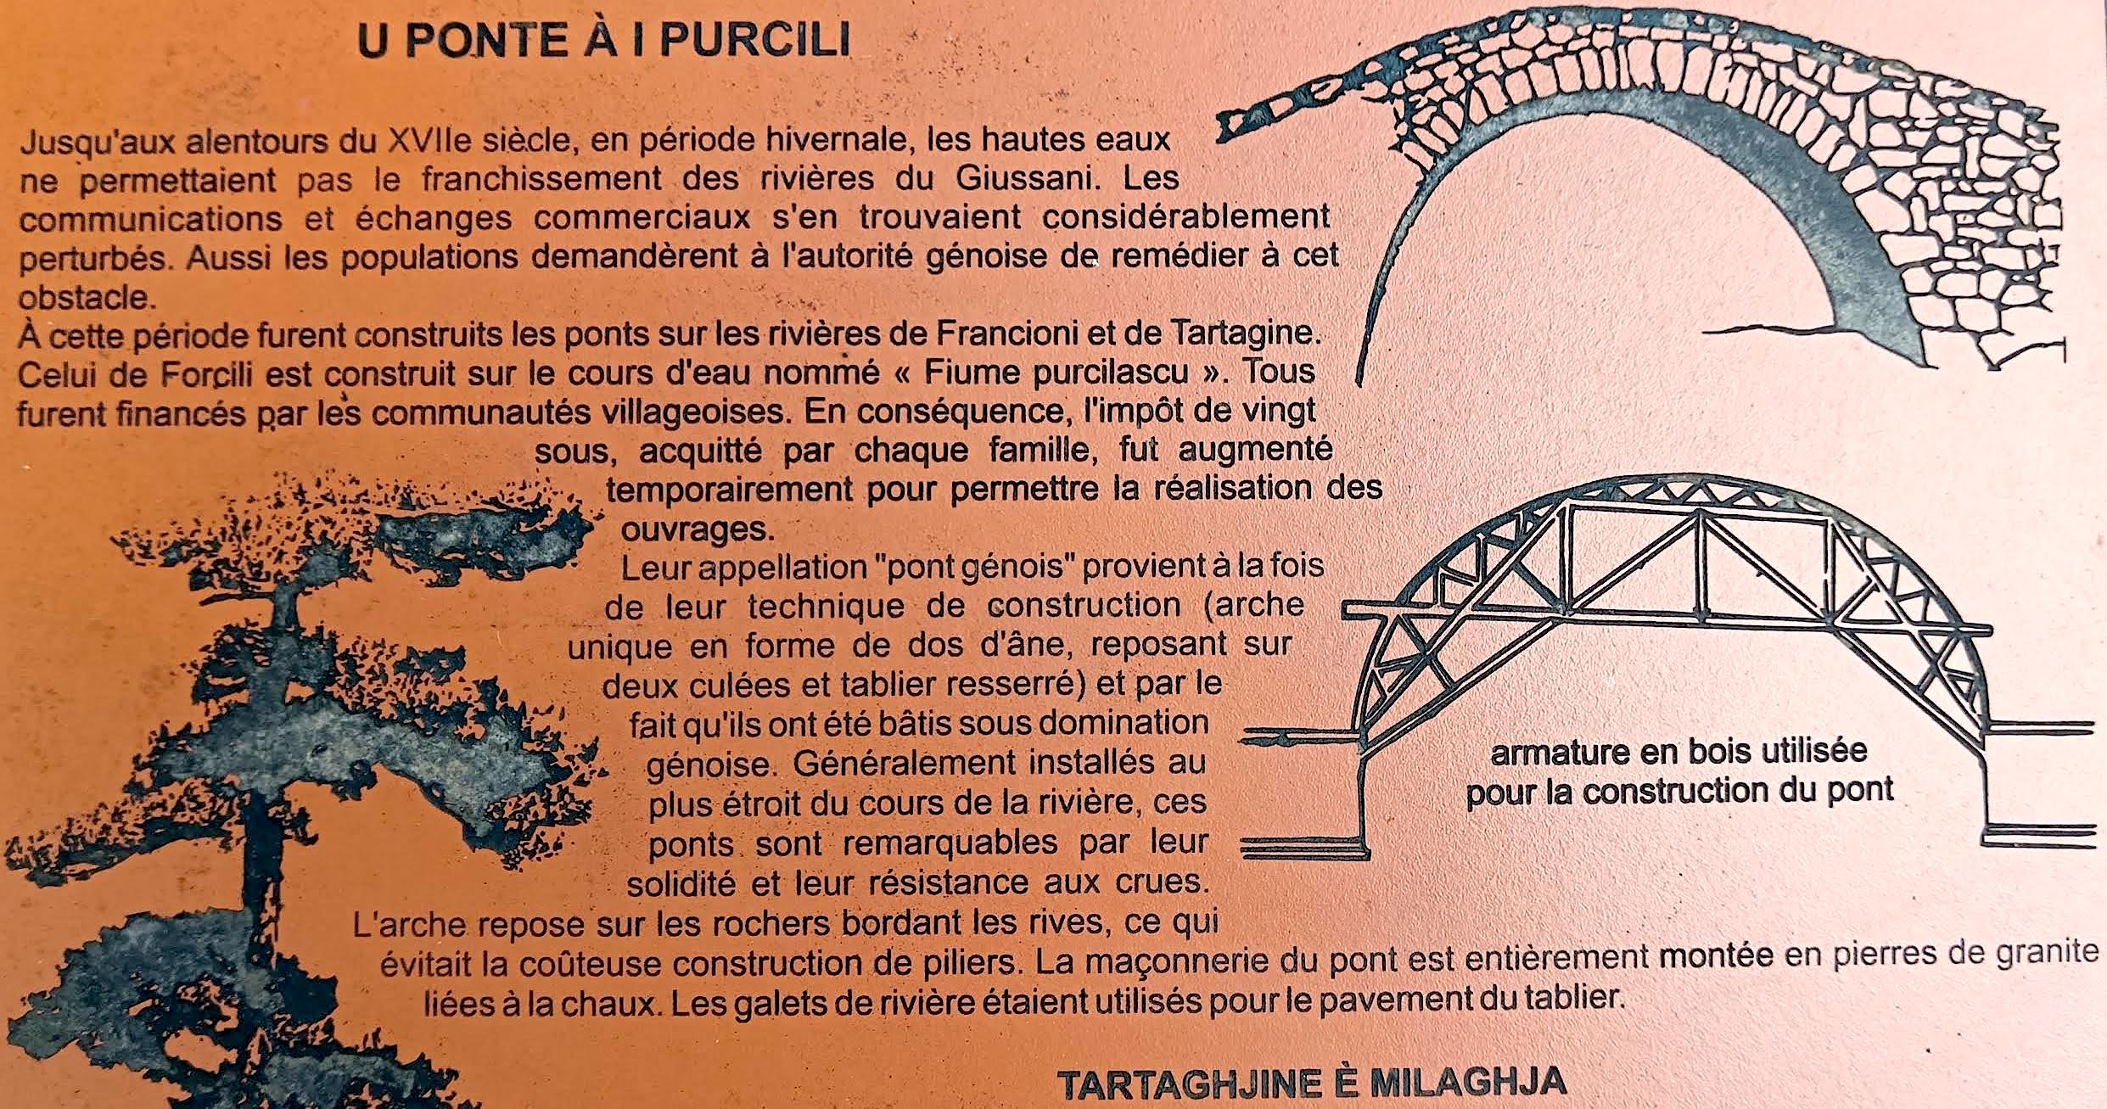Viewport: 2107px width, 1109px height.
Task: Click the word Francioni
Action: (x=1011, y=333)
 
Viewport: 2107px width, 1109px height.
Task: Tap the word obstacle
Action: (x=87, y=296)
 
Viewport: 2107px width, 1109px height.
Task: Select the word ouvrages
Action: (x=698, y=530)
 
